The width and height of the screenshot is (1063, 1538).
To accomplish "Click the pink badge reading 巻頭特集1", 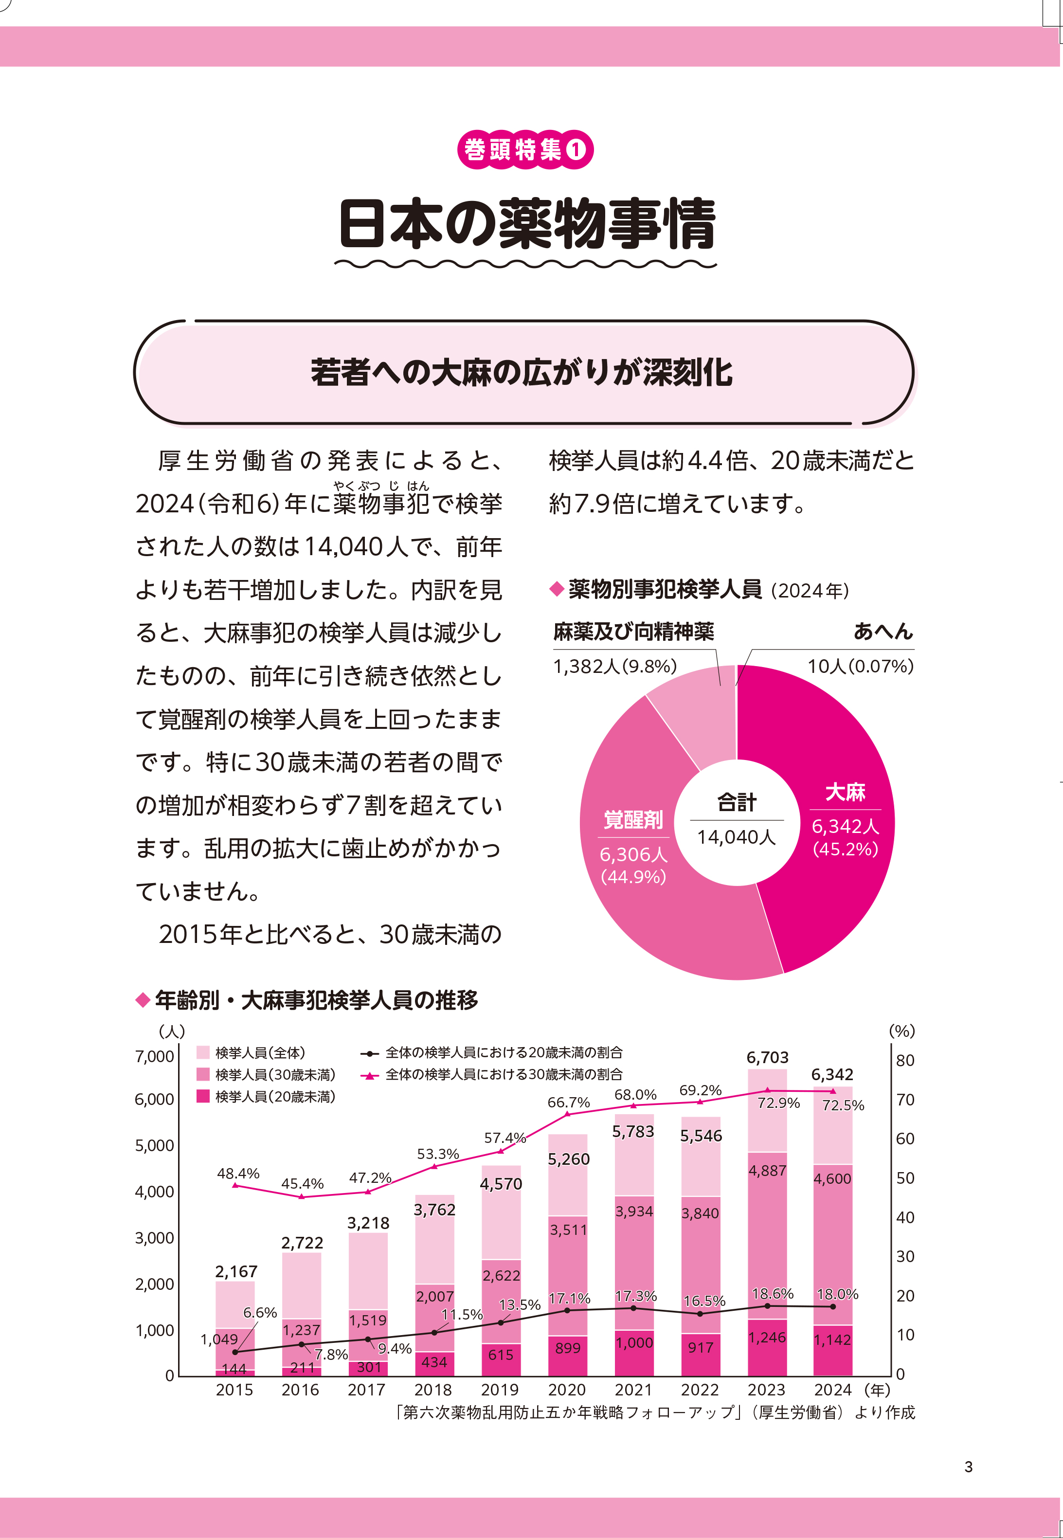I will click(x=525, y=149).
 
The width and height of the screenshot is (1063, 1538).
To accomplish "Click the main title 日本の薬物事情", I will click(x=526, y=224).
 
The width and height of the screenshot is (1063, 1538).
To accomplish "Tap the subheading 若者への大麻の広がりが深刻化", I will click(x=522, y=372).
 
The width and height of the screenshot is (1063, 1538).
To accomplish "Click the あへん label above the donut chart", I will click(x=883, y=631).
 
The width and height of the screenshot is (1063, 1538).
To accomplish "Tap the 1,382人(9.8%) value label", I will click(x=615, y=666).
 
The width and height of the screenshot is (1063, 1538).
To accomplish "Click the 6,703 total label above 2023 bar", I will click(x=767, y=1057).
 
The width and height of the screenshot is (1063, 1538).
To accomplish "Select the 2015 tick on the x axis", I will click(x=234, y=1390).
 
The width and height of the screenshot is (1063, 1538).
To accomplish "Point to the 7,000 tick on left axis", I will click(x=155, y=1056).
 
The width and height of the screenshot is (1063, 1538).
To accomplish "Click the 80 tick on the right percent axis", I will click(x=904, y=1060).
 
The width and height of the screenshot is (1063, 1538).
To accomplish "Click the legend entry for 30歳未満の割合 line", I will click(x=504, y=1074).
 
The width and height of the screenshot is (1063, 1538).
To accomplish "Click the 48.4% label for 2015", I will click(x=238, y=1174).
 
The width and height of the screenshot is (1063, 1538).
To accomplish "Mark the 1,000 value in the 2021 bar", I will click(x=634, y=1343).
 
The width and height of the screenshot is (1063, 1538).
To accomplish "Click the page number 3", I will click(x=969, y=1467).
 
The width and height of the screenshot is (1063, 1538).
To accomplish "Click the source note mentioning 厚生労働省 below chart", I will click(x=655, y=1412).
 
